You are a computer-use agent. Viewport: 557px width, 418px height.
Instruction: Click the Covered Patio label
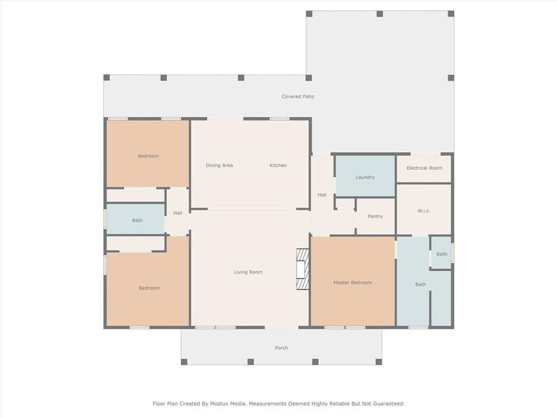pos(297,96)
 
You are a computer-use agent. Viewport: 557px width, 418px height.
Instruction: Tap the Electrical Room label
pos(424,168)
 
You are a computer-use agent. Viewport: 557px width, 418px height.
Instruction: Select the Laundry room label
pos(365,177)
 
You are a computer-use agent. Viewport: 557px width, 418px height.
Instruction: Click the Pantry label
pos(375,217)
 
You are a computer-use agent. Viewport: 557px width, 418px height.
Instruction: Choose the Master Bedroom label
pos(352,282)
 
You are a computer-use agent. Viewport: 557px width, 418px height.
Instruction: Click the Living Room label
pos(248,272)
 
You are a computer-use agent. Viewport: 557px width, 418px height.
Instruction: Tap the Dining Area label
pos(219,165)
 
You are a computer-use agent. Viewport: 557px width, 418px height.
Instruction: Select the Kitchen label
pos(278,165)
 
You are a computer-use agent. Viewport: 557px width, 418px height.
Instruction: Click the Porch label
pos(281,348)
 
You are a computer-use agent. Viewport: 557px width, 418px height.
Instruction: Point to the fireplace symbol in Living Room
pos(301,270)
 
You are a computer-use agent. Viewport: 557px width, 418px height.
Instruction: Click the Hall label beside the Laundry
pos(322,195)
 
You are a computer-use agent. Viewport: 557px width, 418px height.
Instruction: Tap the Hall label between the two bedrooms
pos(178,213)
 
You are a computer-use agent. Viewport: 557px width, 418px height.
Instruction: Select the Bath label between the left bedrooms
pos(138,221)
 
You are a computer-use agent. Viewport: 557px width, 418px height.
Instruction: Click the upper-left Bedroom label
pos(148,156)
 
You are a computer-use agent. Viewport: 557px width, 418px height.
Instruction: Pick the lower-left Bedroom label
pos(149,288)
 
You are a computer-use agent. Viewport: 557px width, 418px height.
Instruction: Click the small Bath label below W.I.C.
pos(441,254)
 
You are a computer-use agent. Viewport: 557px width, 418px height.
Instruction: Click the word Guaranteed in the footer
pos(386,403)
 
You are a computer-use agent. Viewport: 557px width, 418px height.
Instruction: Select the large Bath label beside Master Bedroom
pos(421,284)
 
